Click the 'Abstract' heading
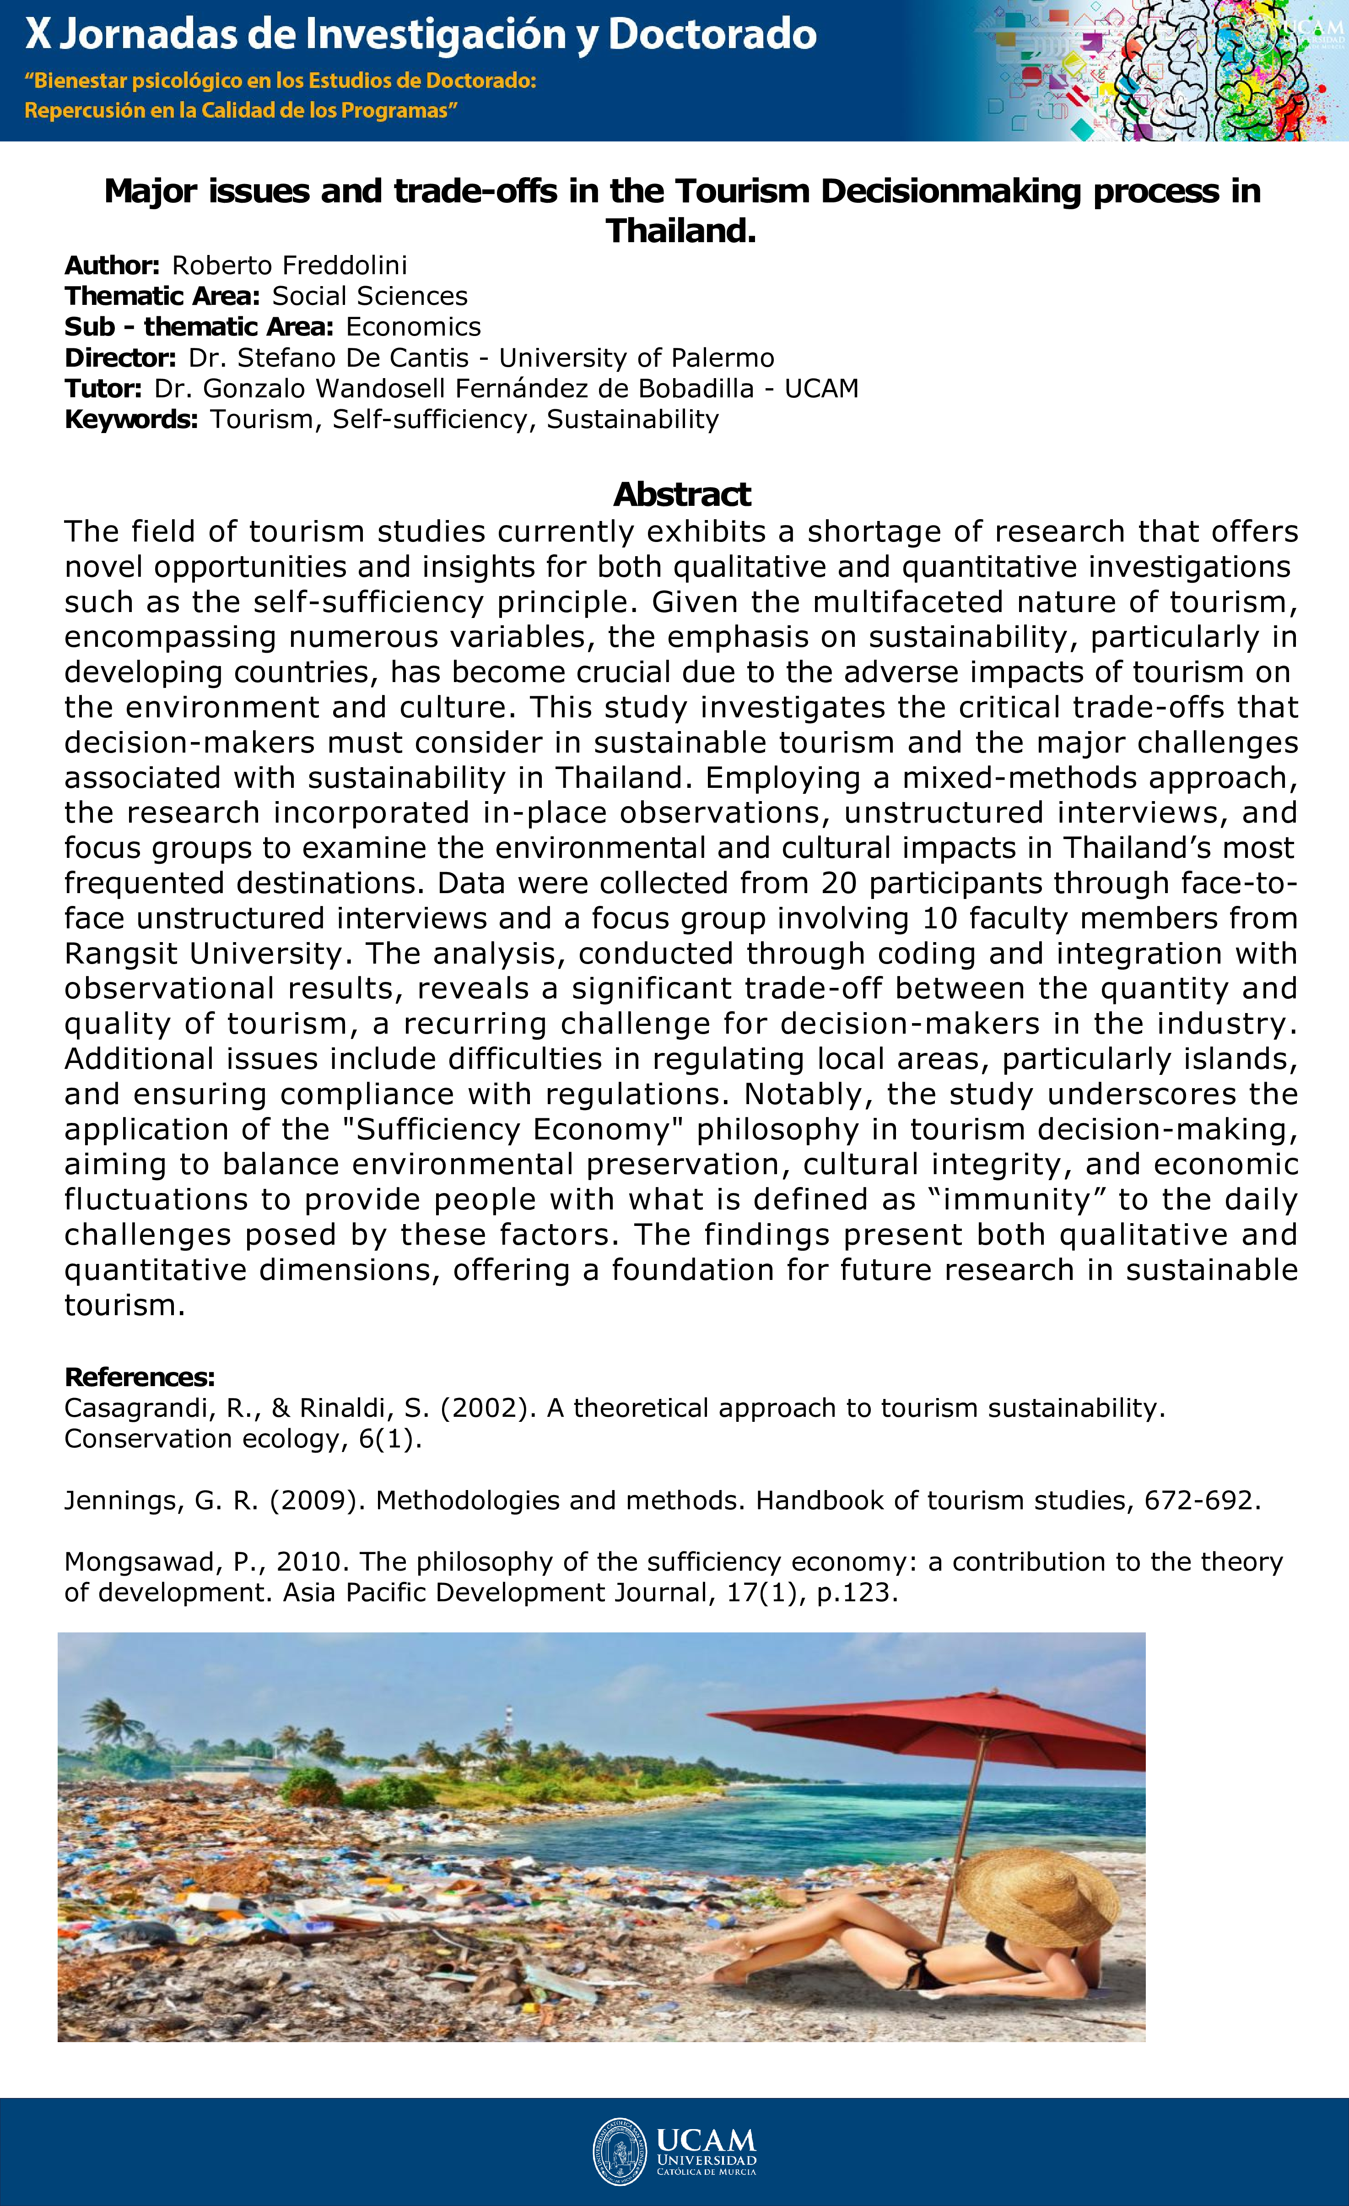click(682, 494)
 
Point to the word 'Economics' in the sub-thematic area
click(414, 327)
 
